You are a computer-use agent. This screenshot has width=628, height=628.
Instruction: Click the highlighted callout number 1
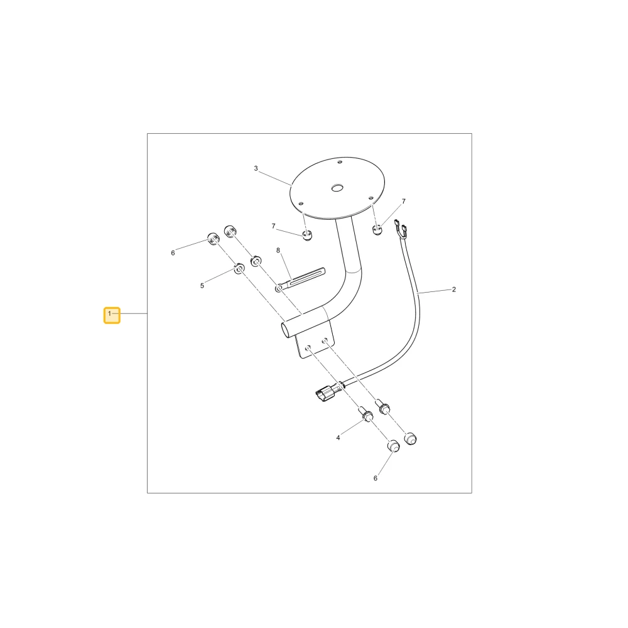(112, 315)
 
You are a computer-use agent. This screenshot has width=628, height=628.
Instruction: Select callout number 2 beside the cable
(454, 289)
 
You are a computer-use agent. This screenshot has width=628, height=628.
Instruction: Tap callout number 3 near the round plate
(256, 168)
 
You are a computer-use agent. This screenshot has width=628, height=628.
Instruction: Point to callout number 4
(338, 438)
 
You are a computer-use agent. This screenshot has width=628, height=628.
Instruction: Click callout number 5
(202, 286)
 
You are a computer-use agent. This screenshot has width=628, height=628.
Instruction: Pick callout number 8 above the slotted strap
(278, 251)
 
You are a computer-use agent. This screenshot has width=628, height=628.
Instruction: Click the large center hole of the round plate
(337, 187)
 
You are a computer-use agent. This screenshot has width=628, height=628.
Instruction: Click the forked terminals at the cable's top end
(401, 227)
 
